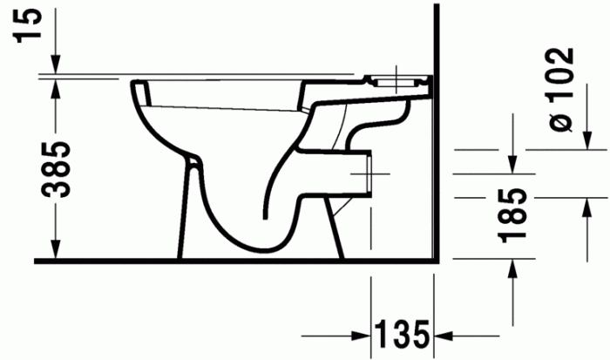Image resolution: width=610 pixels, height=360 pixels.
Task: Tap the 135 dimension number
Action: pos(402,335)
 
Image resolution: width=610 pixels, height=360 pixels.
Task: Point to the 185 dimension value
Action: pos(516,214)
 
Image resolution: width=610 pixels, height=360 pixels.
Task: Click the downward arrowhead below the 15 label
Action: pos(56,66)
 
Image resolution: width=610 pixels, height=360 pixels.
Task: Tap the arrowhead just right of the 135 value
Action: pos(443,335)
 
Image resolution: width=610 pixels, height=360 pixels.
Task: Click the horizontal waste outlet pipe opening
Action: pos(372,174)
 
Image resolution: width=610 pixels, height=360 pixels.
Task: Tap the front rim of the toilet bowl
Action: pos(137,86)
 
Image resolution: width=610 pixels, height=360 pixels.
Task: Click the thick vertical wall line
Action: pos(433,131)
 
